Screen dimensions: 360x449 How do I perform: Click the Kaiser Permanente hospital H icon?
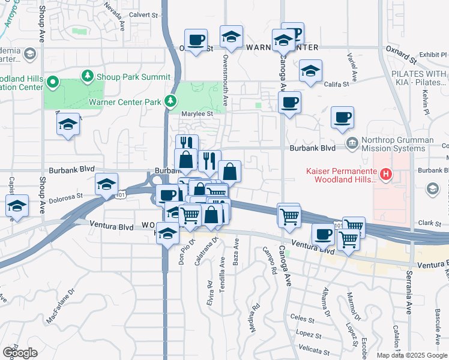pos(387,175)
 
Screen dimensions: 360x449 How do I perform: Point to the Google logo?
pos(20,353)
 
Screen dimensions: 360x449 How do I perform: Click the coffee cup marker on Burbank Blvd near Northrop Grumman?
pos(343,118)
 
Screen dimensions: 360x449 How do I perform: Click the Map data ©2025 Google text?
pos(412,355)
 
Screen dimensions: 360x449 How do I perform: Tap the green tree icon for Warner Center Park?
pos(172,101)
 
